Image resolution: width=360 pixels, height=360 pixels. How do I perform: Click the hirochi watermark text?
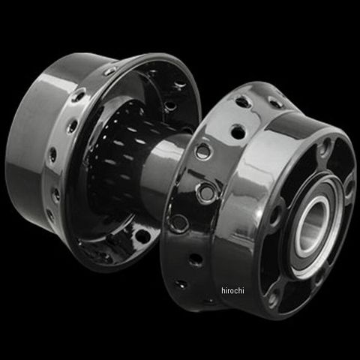232,290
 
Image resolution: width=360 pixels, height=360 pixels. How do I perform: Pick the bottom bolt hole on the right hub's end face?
274,297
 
